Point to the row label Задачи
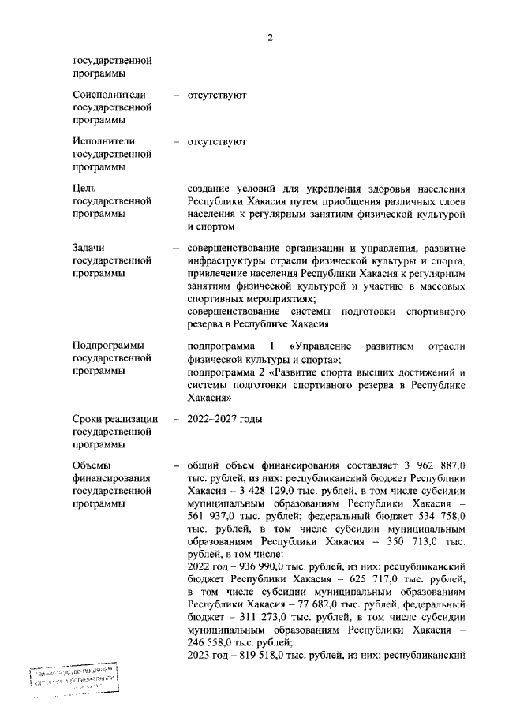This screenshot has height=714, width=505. [88, 249]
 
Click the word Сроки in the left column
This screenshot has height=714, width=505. [88, 418]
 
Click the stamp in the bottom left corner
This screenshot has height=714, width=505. [73, 679]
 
